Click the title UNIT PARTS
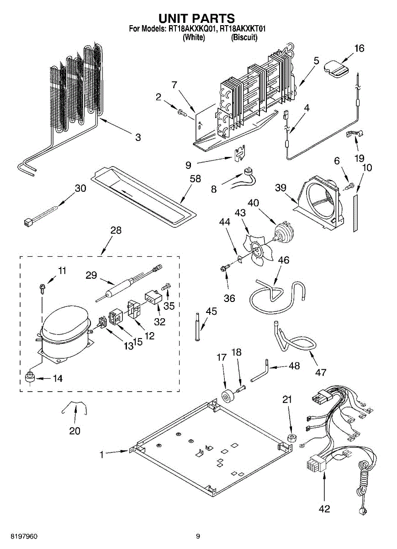pyautogui.click(x=196, y=18)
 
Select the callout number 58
pyautogui.click(x=195, y=179)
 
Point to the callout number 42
pyautogui.click(x=324, y=509)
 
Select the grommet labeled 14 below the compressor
pyautogui.click(x=31, y=378)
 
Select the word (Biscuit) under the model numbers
pyautogui.click(x=244, y=38)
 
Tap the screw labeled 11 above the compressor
pyautogui.click(x=42, y=288)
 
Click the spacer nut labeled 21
pyautogui.click(x=290, y=439)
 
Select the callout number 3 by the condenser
pyautogui.click(x=138, y=137)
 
